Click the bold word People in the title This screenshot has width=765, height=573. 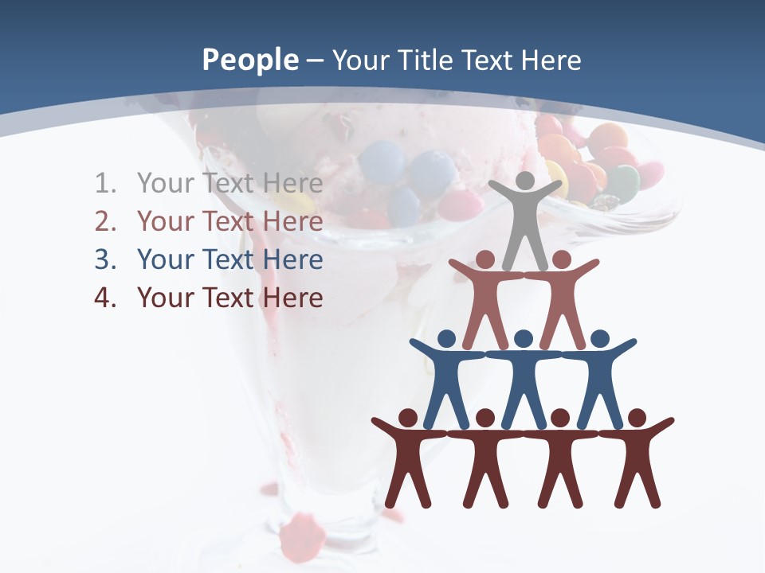tap(250, 60)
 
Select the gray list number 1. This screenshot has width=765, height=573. tap(104, 184)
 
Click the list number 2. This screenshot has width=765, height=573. tap(104, 222)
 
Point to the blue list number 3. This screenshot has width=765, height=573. tap(104, 260)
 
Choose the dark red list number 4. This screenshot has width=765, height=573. tap(104, 298)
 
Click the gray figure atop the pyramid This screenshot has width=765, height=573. tap(524, 219)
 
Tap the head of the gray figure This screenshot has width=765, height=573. tap(524, 181)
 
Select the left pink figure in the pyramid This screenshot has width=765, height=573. tap(485, 298)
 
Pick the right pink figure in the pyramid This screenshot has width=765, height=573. tap(562, 298)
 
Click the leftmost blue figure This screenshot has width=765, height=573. tap(446, 378)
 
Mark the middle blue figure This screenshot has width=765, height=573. tap(524, 378)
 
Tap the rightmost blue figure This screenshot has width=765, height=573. tap(599, 378)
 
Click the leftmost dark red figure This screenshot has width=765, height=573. tap(408, 460)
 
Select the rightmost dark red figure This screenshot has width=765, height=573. tap(637, 460)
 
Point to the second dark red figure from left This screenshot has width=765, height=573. tap(485, 460)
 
